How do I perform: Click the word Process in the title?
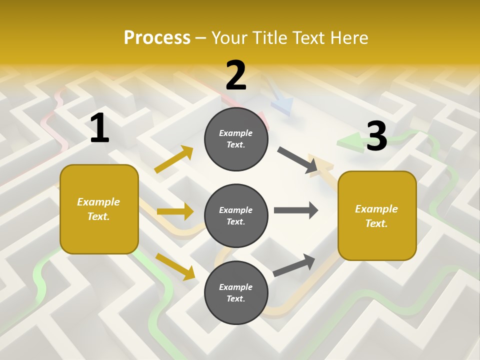(x=157, y=37)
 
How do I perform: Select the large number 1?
(x=99, y=128)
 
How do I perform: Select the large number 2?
(x=236, y=75)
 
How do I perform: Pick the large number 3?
(x=376, y=135)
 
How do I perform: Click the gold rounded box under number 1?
(x=99, y=209)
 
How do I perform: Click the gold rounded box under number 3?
(x=377, y=216)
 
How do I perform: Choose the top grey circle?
(x=236, y=139)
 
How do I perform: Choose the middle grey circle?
(x=236, y=215)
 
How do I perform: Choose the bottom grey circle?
(x=236, y=292)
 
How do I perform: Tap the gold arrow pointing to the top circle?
(x=174, y=159)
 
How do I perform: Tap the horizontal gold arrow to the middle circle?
(x=175, y=211)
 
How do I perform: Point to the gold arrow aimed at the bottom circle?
(x=175, y=266)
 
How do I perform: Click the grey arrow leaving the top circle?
(x=297, y=160)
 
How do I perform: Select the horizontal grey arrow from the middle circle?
(x=296, y=210)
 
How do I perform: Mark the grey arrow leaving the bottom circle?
(x=294, y=265)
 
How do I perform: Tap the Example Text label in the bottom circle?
(x=236, y=292)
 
